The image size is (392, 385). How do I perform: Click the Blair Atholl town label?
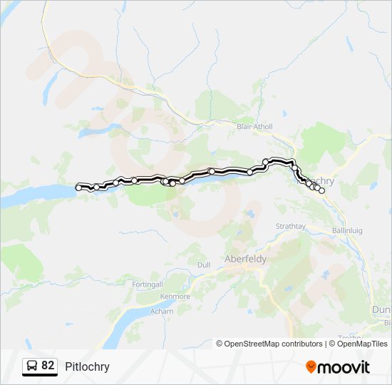[254, 126]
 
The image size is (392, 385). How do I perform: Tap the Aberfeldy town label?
[245, 259]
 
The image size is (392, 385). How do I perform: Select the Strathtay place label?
[290, 226]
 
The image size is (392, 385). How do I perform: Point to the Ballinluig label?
[349, 230]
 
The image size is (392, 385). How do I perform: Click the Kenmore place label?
[175, 296]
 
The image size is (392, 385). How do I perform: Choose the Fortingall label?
[148, 284]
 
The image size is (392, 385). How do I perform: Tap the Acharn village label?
[162, 312]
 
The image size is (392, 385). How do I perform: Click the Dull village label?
[203, 265]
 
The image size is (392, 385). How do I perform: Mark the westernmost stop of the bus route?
[79, 188]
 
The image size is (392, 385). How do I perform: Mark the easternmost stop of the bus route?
[321, 191]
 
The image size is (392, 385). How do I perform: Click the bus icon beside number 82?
[32, 366]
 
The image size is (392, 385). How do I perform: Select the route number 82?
[48, 366]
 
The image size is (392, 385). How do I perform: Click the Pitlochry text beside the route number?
[87, 366]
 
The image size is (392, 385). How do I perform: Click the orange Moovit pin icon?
[311, 366]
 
